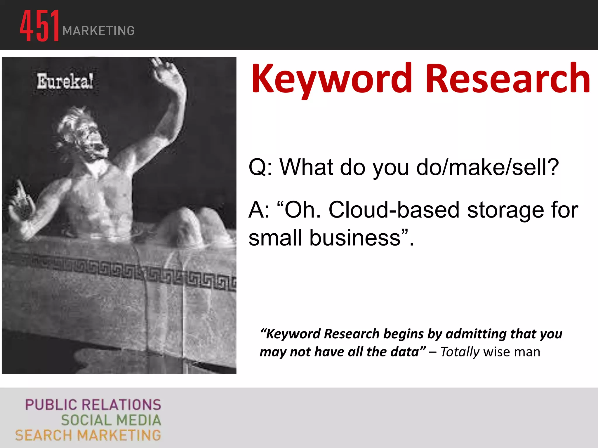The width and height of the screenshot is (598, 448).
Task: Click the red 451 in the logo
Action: tap(40, 26)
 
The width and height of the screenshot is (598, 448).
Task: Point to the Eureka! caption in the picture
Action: tap(65, 81)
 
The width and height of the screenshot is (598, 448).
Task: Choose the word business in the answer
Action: tap(354, 237)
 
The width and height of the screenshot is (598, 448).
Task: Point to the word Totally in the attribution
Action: tap(460, 352)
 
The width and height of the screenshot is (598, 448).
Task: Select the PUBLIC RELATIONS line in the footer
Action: tap(93, 405)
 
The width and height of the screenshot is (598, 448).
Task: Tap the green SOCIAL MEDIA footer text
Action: tap(111, 420)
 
